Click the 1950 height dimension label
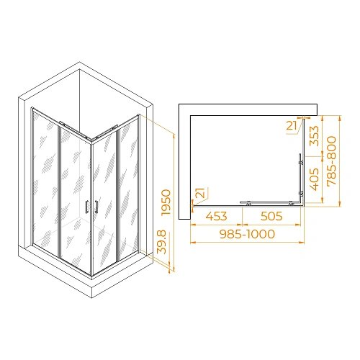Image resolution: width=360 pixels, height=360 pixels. pyautogui.click(x=166, y=204)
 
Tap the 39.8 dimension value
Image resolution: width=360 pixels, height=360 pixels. pyautogui.click(x=163, y=247)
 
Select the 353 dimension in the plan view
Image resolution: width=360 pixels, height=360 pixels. pyautogui.click(x=314, y=135)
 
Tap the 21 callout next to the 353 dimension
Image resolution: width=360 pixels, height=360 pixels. pyautogui.click(x=292, y=126)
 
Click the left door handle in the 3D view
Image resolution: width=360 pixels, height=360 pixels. pyautogui.click(x=86, y=207)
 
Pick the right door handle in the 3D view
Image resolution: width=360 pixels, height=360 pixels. pyautogui.click(x=93, y=207)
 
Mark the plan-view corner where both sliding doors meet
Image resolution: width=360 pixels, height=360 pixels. pyautogui.click(x=300, y=202)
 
